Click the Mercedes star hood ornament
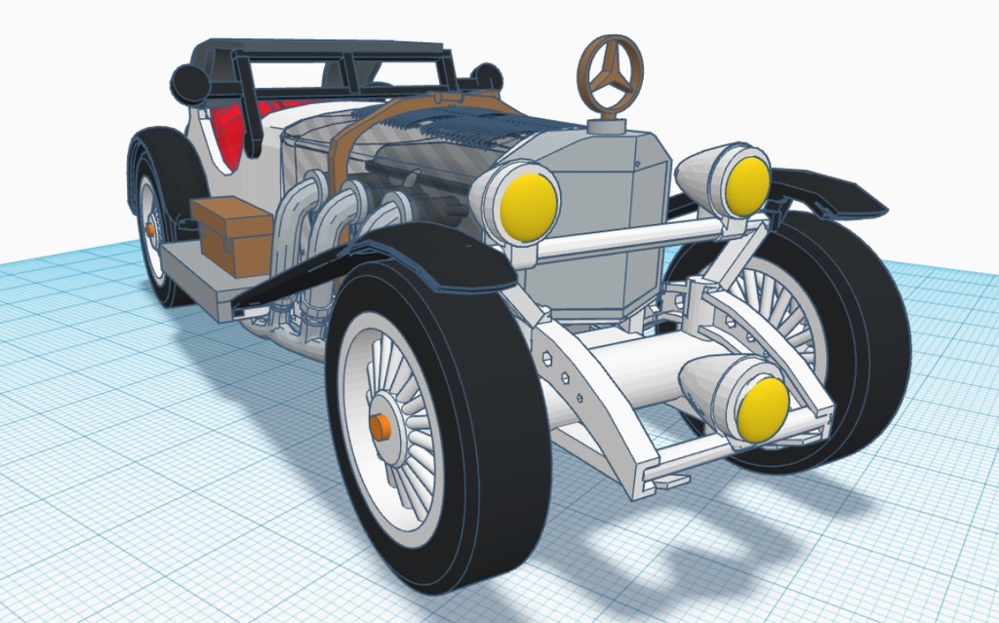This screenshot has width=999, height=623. coord(610,74)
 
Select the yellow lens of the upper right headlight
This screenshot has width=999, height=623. coord(747,185)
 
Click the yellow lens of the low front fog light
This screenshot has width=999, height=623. coord(762,408)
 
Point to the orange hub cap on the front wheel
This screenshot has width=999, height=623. coord(380,428)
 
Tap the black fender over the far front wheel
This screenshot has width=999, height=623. coord(829,193)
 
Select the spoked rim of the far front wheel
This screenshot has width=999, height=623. coord(780,312)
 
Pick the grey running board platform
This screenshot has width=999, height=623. coord(190,273)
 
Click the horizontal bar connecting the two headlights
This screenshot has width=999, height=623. coord(634,236)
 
